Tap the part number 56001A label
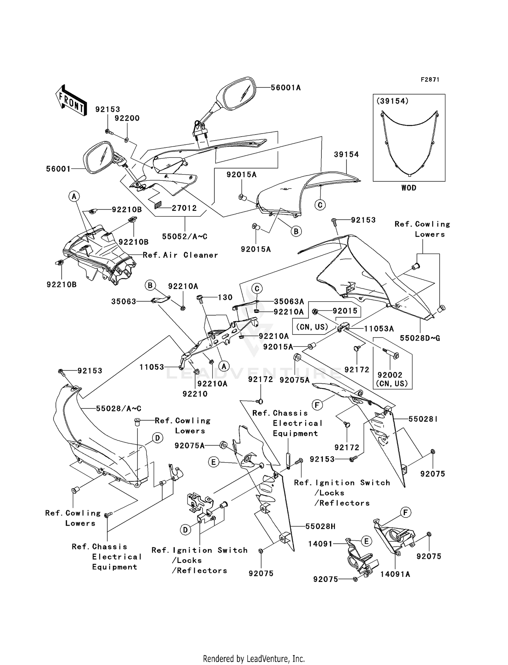point(285,88)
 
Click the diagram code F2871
point(430,80)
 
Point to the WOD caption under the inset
point(409,188)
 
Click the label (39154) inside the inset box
point(392,101)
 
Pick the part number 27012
point(184,208)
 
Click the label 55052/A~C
point(185,237)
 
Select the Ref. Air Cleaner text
point(180,255)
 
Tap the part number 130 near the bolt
point(225,297)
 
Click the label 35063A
point(289,301)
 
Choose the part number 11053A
point(379,328)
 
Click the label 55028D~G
point(420,338)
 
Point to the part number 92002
point(390,375)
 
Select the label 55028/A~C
point(119,409)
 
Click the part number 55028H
point(320,526)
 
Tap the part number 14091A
point(395,574)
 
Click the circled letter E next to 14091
point(366,541)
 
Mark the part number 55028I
point(423,419)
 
